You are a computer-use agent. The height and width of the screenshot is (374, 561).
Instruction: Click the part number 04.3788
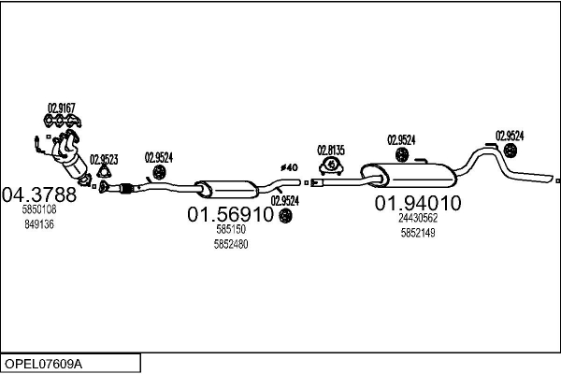click(39, 194)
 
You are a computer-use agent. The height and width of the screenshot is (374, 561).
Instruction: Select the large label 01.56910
click(230, 214)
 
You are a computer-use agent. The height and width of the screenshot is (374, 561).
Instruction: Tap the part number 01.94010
click(418, 203)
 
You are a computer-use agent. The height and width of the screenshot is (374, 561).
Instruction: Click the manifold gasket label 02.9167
click(62, 108)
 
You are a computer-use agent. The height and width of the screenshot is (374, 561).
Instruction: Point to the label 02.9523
click(104, 159)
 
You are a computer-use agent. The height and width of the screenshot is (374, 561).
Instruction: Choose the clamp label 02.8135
click(331, 151)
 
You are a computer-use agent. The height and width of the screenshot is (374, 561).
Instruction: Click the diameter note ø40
click(289, 167)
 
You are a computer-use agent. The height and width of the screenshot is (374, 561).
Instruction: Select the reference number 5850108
click(39, 209)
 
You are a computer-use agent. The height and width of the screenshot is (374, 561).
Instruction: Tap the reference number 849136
click(39, 224)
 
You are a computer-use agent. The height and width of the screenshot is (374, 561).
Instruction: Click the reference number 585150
click(231, 229)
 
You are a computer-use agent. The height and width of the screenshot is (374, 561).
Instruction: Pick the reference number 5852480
click(231, 244)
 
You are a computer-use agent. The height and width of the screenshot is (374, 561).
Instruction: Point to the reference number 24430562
click(418, 218)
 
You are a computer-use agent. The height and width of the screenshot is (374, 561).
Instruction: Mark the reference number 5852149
click(418, 233)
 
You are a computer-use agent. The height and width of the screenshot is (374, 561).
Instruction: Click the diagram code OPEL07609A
click(43, 364)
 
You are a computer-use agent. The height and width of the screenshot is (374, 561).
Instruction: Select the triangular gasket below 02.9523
click(104, 172)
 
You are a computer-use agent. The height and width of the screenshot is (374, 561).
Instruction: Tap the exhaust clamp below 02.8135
click(331, 165)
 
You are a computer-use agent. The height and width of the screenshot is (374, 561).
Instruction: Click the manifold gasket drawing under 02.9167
click(63, 122)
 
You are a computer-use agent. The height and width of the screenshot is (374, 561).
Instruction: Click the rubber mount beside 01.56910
click(285, 215)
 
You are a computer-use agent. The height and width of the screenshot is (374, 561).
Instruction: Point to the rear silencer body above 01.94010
click(409, 176)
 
